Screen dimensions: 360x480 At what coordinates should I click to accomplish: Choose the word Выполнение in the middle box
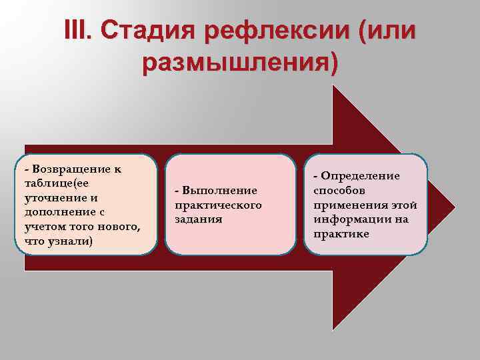tap(215, 190)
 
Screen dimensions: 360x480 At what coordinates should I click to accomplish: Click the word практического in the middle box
tap(218, 205)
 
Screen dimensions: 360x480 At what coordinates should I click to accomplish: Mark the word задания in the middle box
tap(199, 219)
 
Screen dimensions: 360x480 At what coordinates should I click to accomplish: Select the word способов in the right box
tap(340, 191)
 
